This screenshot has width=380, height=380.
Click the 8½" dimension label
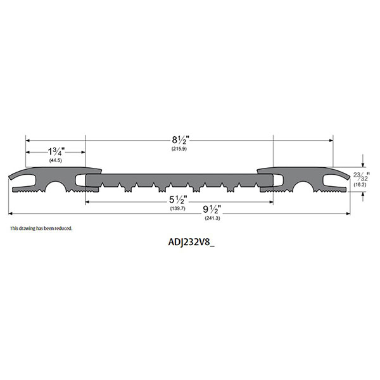point(178,141)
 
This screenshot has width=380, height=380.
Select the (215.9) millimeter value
point(178,149)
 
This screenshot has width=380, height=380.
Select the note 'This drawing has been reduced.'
point(41,228)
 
